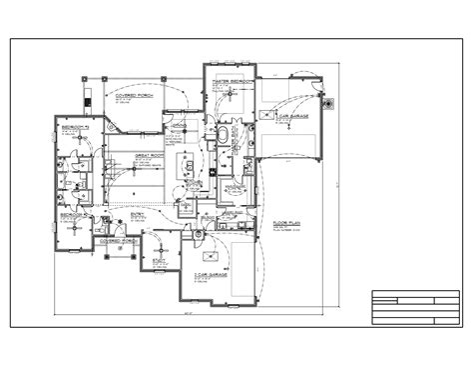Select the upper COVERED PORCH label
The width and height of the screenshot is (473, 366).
133,95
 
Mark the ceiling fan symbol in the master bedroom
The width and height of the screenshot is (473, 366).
230,100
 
